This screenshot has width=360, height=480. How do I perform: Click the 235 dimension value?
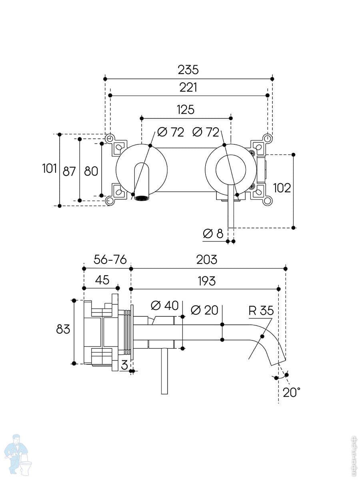click(x=188, y=70)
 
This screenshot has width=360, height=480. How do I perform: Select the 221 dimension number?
click(x=188, y=87)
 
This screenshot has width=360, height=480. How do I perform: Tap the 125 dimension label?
click(x=185, y=110)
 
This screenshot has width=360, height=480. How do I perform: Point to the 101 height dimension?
click(x=50, y=169)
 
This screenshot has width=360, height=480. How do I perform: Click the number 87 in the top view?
click(x=69, y=171)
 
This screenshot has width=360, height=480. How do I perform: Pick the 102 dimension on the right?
click(x=282, y=187)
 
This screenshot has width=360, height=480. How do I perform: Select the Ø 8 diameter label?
click(x=213, y=234)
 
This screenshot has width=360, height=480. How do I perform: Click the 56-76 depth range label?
click(x=110, y=260)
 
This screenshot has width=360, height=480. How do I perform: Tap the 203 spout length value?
click(x=206, y=260)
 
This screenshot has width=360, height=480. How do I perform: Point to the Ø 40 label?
click(x=164, y=306)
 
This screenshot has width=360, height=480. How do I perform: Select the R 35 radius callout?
click(x=261, y=310)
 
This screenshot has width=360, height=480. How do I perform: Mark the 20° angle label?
click(x=291, y=392)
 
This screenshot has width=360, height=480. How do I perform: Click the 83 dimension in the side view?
click(x=63, y=329)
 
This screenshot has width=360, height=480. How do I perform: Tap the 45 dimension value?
click(x=102, y=280)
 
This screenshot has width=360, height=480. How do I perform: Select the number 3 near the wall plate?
click(x=124, y=365)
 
